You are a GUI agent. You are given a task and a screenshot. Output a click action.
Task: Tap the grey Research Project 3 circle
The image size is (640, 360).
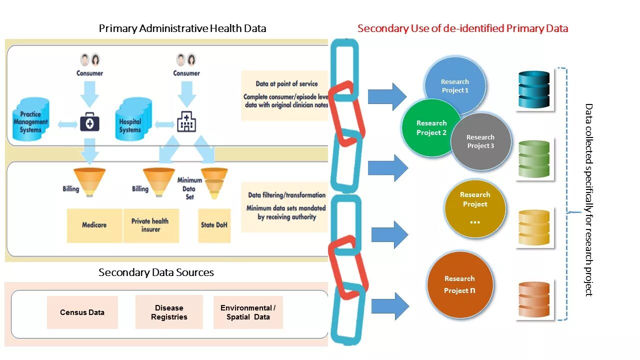[481, 141]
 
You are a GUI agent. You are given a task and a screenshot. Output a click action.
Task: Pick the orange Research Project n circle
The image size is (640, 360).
[460, 285]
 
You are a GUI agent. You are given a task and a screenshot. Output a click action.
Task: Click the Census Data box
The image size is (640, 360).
[82, 312]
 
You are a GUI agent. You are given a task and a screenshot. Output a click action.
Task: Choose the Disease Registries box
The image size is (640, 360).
[169, 312]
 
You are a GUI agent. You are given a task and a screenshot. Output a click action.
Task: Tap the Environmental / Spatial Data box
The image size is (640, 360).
[248, 312]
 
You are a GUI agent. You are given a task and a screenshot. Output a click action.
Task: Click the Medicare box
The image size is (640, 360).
[94, 225]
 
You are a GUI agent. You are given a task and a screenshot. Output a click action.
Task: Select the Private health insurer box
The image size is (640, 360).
[150, 225]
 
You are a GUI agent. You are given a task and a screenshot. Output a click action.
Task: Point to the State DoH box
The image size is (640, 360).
[214, 225]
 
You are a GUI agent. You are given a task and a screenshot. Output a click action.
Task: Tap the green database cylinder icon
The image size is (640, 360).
[534, 159]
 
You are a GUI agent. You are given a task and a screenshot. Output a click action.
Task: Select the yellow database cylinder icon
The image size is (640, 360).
[534, 227]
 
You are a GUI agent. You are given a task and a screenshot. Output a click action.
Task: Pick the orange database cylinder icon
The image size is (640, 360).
[534, 299]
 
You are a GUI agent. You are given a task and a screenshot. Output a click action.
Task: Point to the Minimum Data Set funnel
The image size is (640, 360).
[214, 182]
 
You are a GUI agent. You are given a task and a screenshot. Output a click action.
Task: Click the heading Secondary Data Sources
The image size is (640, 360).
[156, 272]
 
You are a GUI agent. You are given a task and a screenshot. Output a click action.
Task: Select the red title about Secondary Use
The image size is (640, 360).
[462, 28]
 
